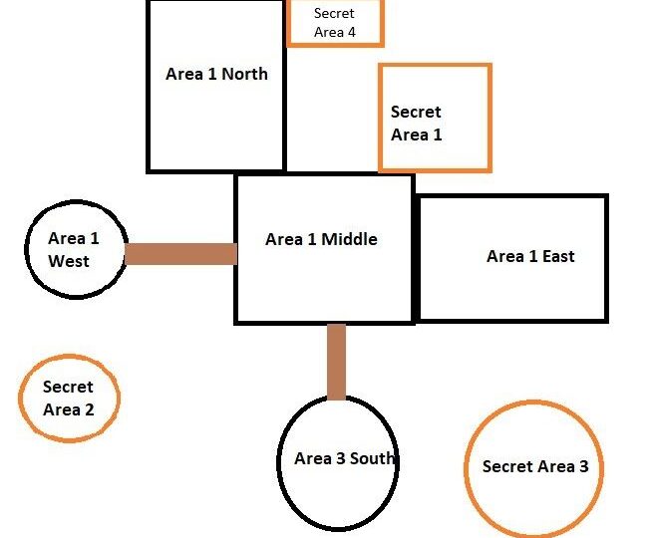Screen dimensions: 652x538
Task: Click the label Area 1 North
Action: (x=216, y=74)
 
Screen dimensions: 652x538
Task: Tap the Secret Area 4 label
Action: (x=335, y=23)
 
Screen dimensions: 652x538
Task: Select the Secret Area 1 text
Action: (x=417, y=123)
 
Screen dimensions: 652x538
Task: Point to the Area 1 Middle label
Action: (x=321, y=239)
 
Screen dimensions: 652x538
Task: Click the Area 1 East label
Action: (x=530, y=256)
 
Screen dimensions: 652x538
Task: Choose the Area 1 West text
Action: (x=73, y=250)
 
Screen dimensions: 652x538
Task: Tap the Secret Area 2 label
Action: (x=68, y=398)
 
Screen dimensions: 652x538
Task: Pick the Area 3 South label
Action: (x=344, y=458)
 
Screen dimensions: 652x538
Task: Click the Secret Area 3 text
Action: (x=535, y=466)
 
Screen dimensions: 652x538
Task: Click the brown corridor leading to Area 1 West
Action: (x=180, y=254)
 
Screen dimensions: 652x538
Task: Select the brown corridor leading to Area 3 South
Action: (x=336, y=362)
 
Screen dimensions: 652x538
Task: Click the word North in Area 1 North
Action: (x=244, y=74)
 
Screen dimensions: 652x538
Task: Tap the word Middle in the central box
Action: (x=349, y=239)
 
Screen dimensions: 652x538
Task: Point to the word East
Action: (x=558, y=256)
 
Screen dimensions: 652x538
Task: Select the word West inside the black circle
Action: (x=69, y=261)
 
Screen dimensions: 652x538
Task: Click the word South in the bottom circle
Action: (x=372, y=458)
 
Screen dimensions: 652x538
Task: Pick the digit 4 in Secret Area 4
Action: (x=352, y=33)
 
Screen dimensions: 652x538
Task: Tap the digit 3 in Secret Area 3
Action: (x=584, y=466)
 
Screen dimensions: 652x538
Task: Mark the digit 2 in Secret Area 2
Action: (x=90, y=410)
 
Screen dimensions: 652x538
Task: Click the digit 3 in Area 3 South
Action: (x=341, y=458)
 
